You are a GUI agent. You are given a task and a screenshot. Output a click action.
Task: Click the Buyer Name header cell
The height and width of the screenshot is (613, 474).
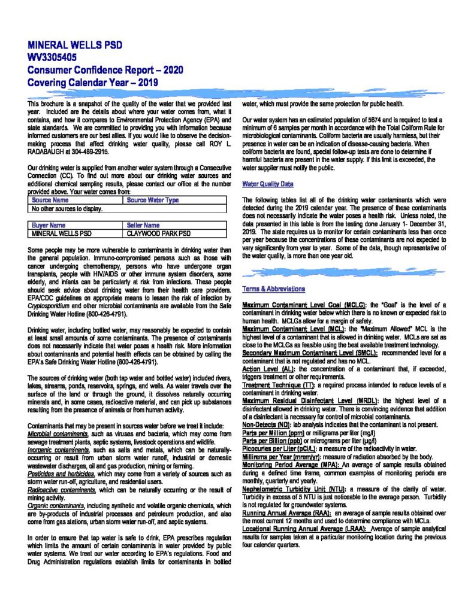coord(49,225)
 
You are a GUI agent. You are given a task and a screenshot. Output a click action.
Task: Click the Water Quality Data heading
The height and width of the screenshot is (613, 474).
coord(268,184)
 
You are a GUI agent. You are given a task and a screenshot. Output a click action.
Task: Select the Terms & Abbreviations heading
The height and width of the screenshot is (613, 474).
coord(273,289)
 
